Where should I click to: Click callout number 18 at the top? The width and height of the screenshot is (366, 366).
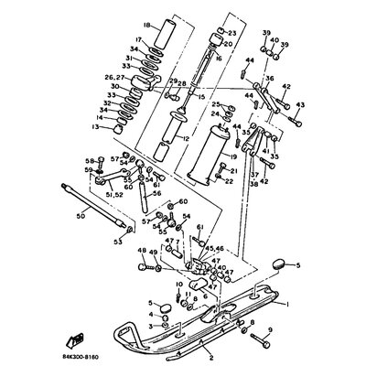(146, 27)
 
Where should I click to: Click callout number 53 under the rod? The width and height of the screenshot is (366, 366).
(116, 242)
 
